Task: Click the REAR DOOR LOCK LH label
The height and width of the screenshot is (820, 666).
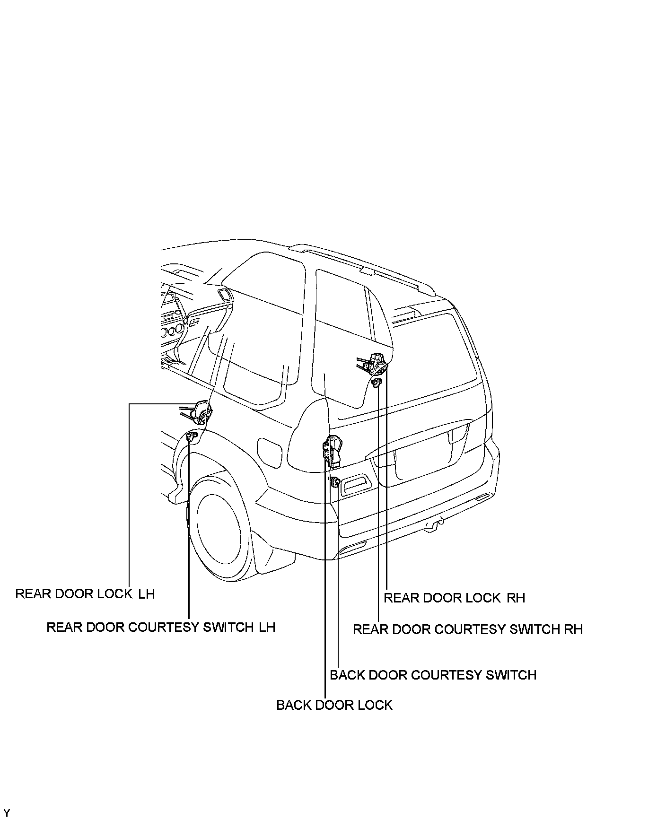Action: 85,594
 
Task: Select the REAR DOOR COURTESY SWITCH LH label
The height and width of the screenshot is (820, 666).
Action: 161,628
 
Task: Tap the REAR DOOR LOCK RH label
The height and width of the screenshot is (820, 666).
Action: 454,598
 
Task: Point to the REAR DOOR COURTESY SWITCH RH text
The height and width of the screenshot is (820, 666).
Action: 468,629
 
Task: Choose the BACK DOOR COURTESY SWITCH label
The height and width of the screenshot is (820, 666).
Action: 433,675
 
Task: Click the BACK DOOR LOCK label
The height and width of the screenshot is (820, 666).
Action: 334,705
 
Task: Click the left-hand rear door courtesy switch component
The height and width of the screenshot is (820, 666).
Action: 191,437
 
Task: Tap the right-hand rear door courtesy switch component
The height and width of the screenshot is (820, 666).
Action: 377,383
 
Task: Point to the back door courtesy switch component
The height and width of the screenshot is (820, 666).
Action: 335,482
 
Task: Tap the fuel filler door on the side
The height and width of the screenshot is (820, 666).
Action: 270,453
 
